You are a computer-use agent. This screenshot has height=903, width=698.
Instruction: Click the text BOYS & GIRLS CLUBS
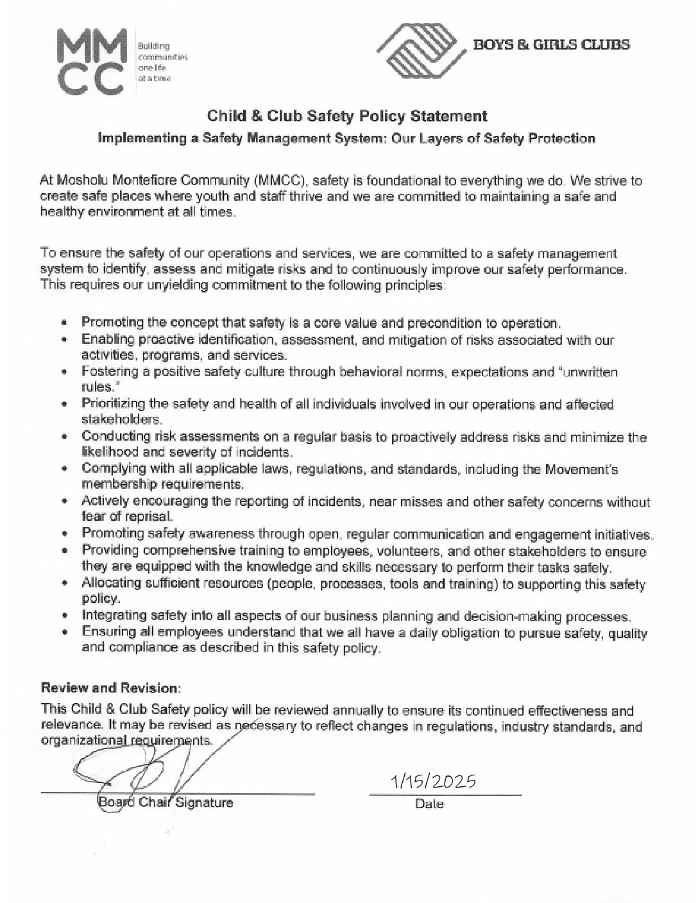[x=551, y=44]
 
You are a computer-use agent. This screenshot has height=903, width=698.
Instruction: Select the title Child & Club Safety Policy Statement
[x=347, y=116]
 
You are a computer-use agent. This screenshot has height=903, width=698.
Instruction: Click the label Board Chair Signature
[x=165, y=802]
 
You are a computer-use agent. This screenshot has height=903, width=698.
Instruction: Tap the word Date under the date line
[x=429, y=803]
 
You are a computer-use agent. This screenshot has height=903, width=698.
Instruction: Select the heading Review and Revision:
[x=112, y=688]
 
